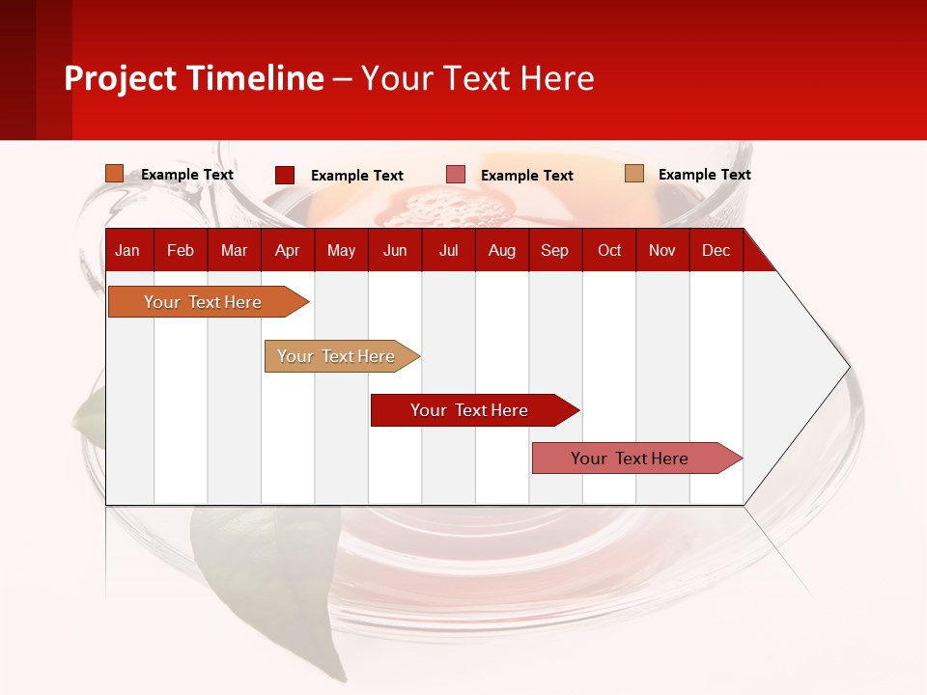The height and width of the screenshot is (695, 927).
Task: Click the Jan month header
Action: [127, 250]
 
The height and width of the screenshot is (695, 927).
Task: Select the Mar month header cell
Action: [234, 250]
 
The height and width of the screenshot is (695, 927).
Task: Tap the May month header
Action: [341, 250]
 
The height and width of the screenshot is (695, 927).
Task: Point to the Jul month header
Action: [448, 250]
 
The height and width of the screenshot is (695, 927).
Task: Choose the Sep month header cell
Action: [554, 250]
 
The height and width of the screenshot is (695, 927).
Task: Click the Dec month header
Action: [716, 250]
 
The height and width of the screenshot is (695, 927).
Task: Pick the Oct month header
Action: [609, 250]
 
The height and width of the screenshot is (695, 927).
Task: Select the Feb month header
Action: [181, 250]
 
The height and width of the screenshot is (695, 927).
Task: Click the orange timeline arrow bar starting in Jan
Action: [203, 302]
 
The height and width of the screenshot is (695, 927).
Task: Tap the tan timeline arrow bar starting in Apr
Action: [336, 356]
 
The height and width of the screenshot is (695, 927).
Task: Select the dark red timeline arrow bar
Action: [469, 410]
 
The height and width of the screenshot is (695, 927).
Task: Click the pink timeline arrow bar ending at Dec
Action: [630, 459]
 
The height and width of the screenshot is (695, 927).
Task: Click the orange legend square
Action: [115, 174]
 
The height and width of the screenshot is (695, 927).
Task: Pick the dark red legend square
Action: [285, 175]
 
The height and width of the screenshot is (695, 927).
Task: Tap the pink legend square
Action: [456, 175]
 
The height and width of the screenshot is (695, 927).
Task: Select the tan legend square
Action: [633, 174]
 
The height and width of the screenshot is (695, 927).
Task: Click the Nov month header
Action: [662, 250]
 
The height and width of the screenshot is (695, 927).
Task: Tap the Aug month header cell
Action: [501, 250]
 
